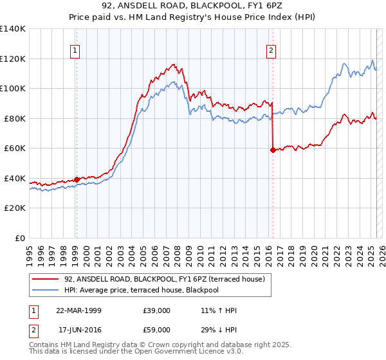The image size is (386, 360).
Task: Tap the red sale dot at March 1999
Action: point(77,179)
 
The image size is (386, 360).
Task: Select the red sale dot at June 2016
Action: point(273,150)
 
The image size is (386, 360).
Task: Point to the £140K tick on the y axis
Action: point(13,29)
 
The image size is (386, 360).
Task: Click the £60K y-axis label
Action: point(15,148)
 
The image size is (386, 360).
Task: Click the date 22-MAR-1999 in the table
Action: point(78,310)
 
